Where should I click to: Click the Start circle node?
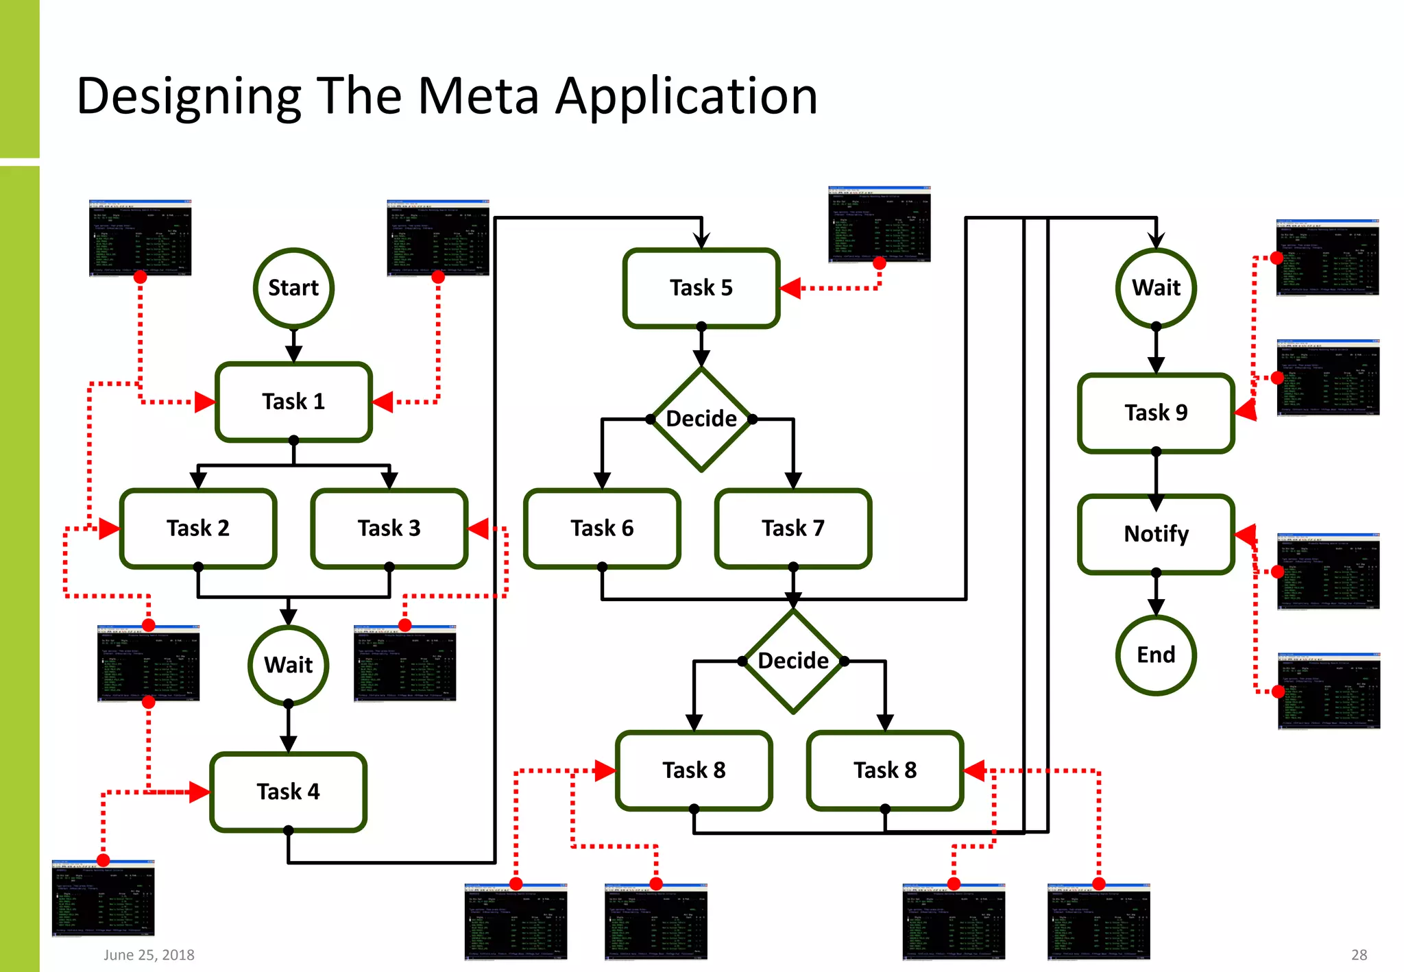pos(293,288)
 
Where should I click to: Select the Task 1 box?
pos(293,402)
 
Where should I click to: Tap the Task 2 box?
pos(198,528)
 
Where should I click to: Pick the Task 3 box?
pos(389,528)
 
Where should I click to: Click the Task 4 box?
pos(288,792)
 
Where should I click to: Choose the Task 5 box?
pos(701,288)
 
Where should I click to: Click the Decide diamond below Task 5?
pos(701,419)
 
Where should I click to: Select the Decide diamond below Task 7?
pos(793,661)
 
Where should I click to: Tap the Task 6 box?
pos(602,528)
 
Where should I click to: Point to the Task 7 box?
pos(793,528)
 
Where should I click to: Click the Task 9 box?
pos(1156,413)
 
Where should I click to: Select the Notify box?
pos(1156,534)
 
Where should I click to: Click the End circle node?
pos(1156,655)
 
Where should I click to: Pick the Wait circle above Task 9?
pos(1156,288)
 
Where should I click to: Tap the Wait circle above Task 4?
pos(288,665)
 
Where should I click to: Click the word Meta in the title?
pos(478,96)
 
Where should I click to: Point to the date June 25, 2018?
pos(149,955)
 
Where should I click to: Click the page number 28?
pos(1359,955)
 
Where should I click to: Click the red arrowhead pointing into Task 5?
pos(790,288)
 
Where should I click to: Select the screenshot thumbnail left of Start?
pos(140,238)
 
